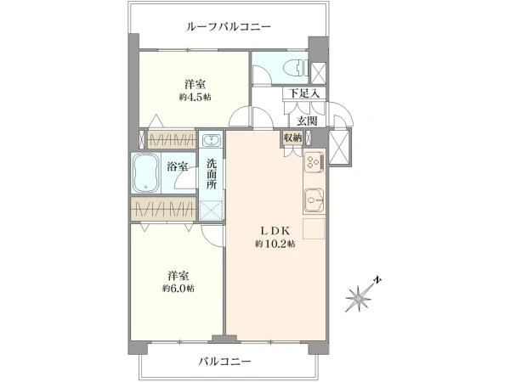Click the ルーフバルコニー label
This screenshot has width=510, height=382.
229,26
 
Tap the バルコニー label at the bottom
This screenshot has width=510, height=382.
225,362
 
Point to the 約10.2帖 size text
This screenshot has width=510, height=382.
275,244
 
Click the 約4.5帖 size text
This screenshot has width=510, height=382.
195,97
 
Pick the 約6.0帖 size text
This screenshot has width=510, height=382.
178,289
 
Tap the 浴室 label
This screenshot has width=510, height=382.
177,167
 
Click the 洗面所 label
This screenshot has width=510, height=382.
212,173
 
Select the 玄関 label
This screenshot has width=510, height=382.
307,121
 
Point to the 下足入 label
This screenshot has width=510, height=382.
304,93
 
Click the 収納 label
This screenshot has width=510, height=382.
292,138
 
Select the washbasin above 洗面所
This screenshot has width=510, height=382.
212,141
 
